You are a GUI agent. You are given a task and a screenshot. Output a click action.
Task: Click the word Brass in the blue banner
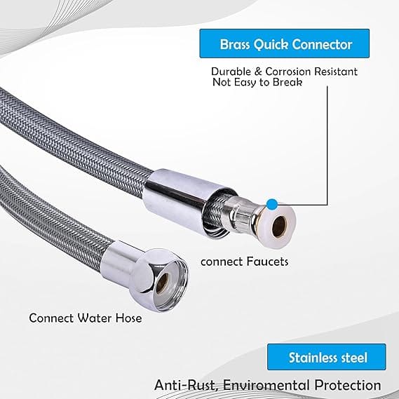[x=235, y=45]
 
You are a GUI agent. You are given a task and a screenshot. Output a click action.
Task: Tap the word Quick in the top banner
[x=271, y=45]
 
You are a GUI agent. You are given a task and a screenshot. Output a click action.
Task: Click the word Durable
[x=231, y=72]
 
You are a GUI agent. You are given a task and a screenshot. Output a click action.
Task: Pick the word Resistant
[x=336, y=72]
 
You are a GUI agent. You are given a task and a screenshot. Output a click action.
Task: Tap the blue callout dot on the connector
[x=272, y=204]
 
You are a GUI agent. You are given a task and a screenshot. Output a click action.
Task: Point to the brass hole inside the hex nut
[x=163, y=283]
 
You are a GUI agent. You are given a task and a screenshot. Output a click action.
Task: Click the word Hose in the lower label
[x=129, y=318]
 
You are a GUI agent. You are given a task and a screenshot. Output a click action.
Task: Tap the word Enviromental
[x=266, y=385]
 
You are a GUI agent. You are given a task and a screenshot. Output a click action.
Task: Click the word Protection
[x=348, y=385]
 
